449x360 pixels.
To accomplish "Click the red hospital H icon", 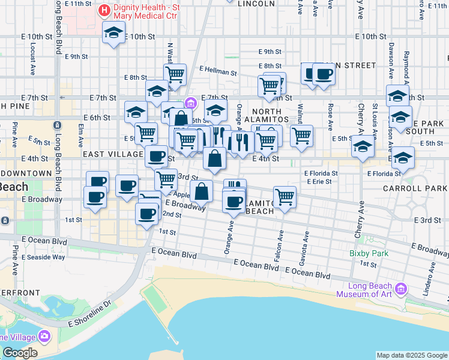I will pos(105,10).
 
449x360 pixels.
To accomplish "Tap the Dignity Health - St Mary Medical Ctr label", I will pos(146,10).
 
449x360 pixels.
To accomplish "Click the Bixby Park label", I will pos(369,253).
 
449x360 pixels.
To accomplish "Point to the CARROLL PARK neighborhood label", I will pos(415,188).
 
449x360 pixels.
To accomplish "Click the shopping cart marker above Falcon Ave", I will pos(285,196).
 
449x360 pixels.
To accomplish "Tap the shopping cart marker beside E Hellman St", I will pos(175,74).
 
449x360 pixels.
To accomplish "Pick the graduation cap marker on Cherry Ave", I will pos(363,146).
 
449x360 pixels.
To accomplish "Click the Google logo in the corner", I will pos(20,353).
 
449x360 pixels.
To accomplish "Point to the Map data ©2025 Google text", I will pos(412,355).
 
